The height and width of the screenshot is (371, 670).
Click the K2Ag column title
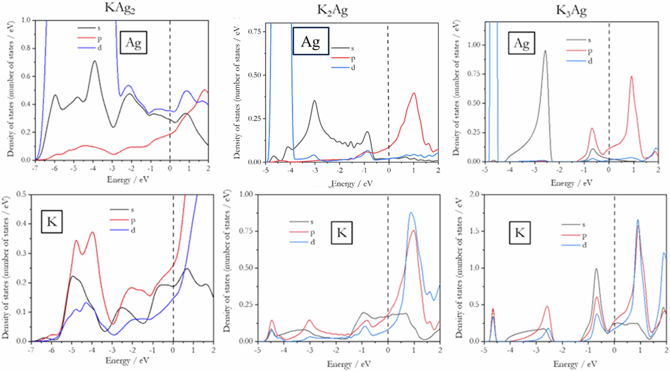pos(332,10)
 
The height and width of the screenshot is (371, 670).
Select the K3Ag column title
pos(571,10)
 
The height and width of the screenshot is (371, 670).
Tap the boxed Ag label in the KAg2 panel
pos(133,43)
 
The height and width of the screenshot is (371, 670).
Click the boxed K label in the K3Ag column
pos(520,232)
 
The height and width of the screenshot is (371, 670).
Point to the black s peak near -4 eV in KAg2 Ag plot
pos(95,61)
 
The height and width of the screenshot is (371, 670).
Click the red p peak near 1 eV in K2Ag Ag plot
pos(414,93)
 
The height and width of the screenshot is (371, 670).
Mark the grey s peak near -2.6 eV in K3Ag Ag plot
pos(545,51)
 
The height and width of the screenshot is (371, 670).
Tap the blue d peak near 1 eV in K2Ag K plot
pos(411,213)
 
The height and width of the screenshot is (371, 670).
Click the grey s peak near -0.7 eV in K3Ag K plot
pos(596,269)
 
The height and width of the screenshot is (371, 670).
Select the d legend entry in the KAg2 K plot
pos(133,230)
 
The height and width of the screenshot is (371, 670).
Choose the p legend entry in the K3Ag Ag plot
pos(590,51)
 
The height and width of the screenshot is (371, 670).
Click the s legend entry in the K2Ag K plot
pos(312,222)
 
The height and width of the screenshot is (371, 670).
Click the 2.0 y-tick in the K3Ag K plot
pos(474,195)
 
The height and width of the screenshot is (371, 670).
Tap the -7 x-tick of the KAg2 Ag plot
pos(35,169)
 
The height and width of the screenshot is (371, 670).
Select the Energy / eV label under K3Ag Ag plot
pos(572,183)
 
